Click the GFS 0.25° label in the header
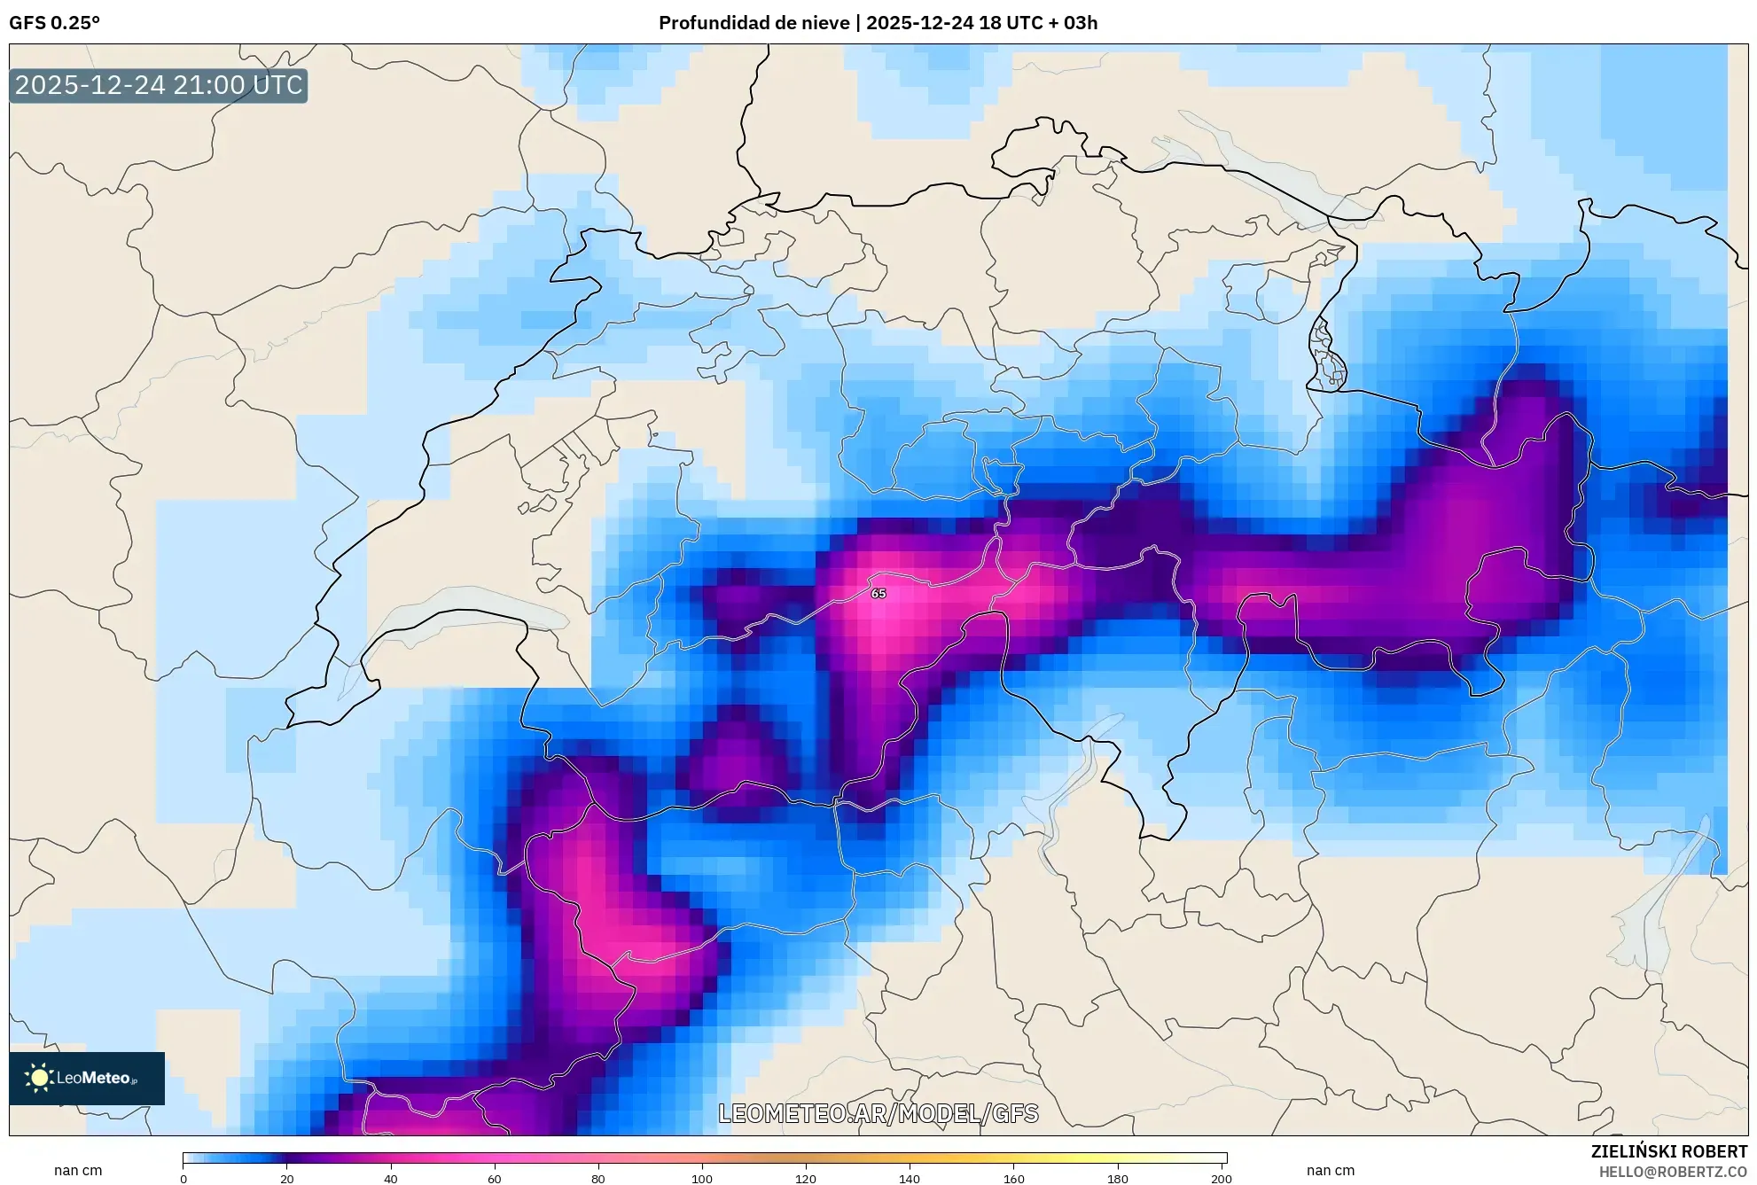coord(54,23)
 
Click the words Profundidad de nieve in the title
coord(754,23)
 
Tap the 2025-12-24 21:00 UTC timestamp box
coord(159,85)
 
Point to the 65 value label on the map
coord(878,594)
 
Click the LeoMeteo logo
coord(87,1078)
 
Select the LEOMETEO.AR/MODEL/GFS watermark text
coord(878,1113)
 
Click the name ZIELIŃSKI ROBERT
coord(1668,1151)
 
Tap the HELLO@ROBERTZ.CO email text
coord(1673,1172)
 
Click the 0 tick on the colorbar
coord(184,1179)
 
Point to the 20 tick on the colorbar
coord(286,1179)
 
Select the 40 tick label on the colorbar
coord(390,1179)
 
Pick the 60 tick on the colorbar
coord(494,1179)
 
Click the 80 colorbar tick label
coord(597,1179)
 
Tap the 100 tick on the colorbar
coord(701,1179)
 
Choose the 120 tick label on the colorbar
coord(805,1179)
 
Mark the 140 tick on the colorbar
coord(909,1179)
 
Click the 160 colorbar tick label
coord(1013,1179)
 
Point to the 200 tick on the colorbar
coord(1221,1179)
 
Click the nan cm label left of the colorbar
coord(78,1170)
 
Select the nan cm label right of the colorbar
coord(1330,1170)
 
